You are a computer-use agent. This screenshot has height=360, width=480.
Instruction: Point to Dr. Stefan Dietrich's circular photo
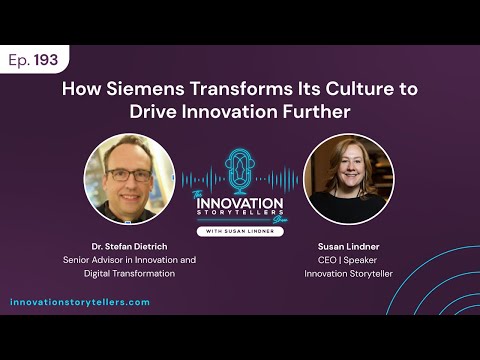pyautogui.click(x=129, y=178)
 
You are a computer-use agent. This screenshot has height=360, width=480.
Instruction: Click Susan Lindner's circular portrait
pyautogui.click(x=348, y=178)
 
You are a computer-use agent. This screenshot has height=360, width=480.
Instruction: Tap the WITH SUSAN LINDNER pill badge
pyautogui.click(x=240, y=232)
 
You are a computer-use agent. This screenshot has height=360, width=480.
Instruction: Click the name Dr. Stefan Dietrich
pyautogui.click(x=130, y=244)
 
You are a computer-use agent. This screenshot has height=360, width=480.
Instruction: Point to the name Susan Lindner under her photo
pyautogui.click(x=348, y=244)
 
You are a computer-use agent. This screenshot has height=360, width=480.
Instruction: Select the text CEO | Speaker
pyautogui.click(x=348, y=259)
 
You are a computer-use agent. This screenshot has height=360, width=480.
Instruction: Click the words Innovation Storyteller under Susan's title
pyautogui.click(x=348, y=273)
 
